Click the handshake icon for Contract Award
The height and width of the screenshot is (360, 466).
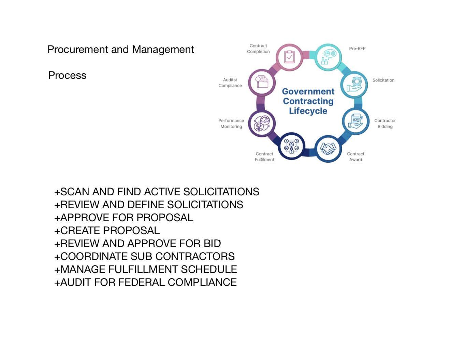tap(328, 149)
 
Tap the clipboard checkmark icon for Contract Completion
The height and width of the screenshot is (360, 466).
tap(289, 57)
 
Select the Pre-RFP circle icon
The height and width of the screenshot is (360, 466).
tap(328, 57)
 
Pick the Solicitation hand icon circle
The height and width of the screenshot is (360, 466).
tap(354, 85)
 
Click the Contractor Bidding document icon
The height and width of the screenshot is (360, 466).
tap(355, 121)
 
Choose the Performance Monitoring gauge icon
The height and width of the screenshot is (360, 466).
tap(262, 123)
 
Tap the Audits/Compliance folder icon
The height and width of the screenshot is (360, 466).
tap(262, 82)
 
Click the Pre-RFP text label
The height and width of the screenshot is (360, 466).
tap(357, 48)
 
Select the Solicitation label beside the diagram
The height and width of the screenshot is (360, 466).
tap(383, 80)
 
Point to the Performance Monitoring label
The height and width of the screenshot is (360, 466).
tap(231, 123)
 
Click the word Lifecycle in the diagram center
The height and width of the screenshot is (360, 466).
tap(308, 111)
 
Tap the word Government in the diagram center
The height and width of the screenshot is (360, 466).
tap(308, 91)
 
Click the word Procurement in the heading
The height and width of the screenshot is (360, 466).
tap(78, 49)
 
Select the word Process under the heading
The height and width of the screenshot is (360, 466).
tap(67, 75)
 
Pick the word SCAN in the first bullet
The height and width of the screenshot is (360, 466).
tap(74, 192)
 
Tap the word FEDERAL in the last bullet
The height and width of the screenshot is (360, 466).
tap(142, 282)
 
